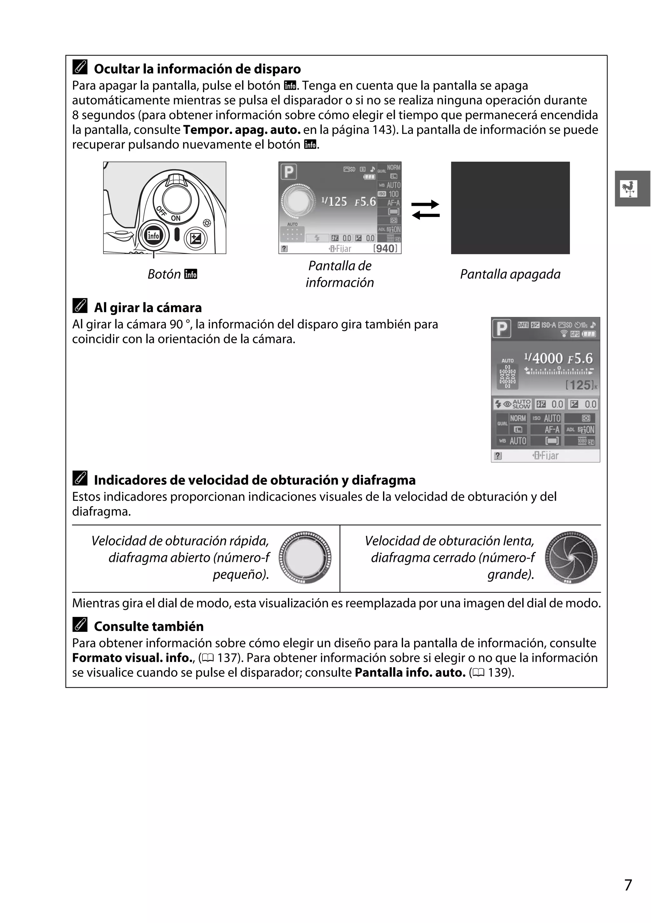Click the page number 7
tap(628, 885)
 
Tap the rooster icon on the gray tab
tap(629, 189)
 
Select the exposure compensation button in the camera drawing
tap(195, 239)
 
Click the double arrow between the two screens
tap(426, 209)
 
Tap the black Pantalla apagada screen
tap(510, 208)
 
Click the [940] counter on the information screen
tap(385, 248)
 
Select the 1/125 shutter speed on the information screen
tap(334, 201)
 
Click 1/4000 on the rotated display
tap(543, 358)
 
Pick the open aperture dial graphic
tap(305, 557)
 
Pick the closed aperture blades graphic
tap(571, 557)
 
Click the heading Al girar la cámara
tap(148, 308)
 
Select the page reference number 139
tap(498, 673)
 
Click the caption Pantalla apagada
tap(510, 274)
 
